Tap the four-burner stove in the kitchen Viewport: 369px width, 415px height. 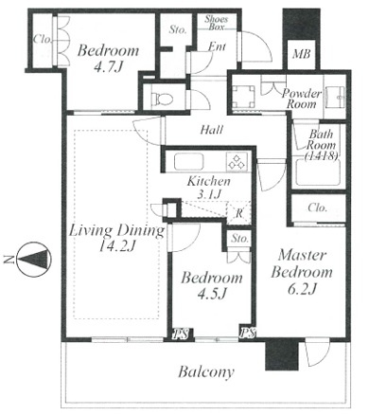pyautogui.click(x=237, y=162)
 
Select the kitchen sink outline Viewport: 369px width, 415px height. pyautogui.click(x=188, y=162)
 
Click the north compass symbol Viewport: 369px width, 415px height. pyautogui.click(x=33, y=260)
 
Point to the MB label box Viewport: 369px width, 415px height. pyautogui.click(x=301, y=55)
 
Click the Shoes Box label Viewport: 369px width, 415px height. pyautogui.click(x=216, y=23)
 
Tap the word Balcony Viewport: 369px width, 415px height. pyautogui.click(x=206, y=372)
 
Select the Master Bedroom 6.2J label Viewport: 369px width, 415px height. pyautogui.click(x=302, y=272)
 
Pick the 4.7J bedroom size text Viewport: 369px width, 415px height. pyautogui.click(x=108, y=67)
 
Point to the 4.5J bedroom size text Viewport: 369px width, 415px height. pyautogui.click(x=212, y=294)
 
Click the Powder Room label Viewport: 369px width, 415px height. pyautogui.click(x=301, y=99)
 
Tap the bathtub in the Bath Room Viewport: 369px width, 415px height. pyautogui.click(x=317, y=172)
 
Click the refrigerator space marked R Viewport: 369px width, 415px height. pyautogui.click(x=238, y=213)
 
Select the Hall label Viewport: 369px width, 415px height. pyautogui.click(x=212, y=130)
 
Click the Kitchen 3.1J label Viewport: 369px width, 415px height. pyautogui.click(x=208, y=188)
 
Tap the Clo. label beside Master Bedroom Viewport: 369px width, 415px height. pyautogui.click(x=317, y=208)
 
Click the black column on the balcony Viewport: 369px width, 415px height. pyautogui.click(x=282, y=354)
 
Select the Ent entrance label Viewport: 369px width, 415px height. pyautogui.click(x=217, y=46)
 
